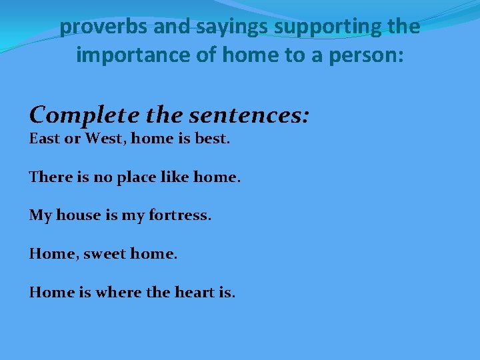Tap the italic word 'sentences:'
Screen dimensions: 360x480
(x=250, y=115)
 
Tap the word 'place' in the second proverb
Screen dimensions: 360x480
(x=133, y=178)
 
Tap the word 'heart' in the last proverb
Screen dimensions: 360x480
(x=194, y=292)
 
